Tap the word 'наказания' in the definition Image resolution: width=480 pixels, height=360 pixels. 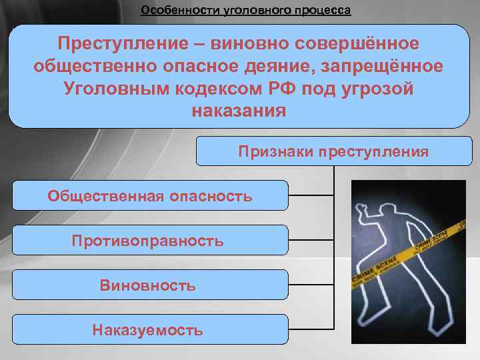(238, 111)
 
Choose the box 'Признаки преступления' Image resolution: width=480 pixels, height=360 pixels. (333, 151)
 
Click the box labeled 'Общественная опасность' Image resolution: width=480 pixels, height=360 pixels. (150, 196)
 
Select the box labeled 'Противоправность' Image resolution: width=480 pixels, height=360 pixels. (150, 241)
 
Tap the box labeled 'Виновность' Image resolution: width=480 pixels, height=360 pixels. (150, 285)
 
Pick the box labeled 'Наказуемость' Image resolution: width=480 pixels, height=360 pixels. (150, 330)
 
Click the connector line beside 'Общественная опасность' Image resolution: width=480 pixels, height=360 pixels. (311, 196)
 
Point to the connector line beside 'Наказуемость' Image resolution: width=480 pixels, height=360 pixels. (311, 330)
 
